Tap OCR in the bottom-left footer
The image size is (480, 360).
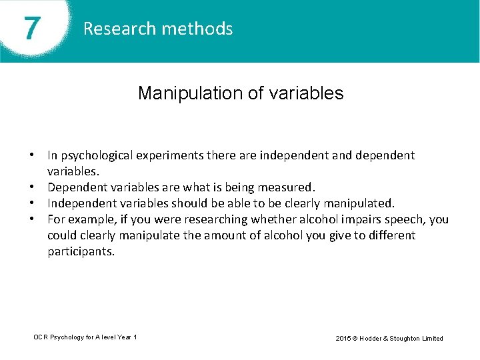(41, 337)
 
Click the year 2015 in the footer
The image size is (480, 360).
(343, 338)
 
